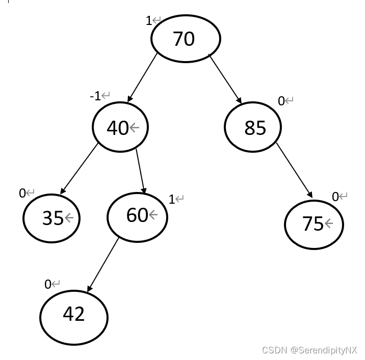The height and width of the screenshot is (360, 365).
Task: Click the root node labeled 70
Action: [185, 39]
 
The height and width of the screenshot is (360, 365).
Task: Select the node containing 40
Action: [120, 127]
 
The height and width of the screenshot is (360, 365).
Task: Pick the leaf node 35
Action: [51, 218]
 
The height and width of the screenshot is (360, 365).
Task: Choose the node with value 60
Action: [137, 216]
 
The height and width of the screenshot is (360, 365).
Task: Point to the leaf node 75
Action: [314, 224]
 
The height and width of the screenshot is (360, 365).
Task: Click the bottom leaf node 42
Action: [74, 316]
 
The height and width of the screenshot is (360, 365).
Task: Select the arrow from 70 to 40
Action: [142, 77]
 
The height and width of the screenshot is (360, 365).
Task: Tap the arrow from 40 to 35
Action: [79, 169]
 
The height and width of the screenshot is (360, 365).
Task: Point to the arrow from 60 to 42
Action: [103, 264]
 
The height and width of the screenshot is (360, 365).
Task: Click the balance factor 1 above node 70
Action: [149, 21]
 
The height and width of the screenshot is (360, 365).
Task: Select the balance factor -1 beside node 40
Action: [95, 96]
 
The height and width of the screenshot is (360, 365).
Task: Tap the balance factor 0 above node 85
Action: [281, 101]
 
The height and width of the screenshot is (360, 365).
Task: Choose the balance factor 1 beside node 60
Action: [172, 199]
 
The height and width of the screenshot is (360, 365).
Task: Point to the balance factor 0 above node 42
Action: [48, 284]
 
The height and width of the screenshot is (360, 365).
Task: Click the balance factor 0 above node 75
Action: [335, 197]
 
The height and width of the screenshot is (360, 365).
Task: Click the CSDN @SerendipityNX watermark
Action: [309, 350]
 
